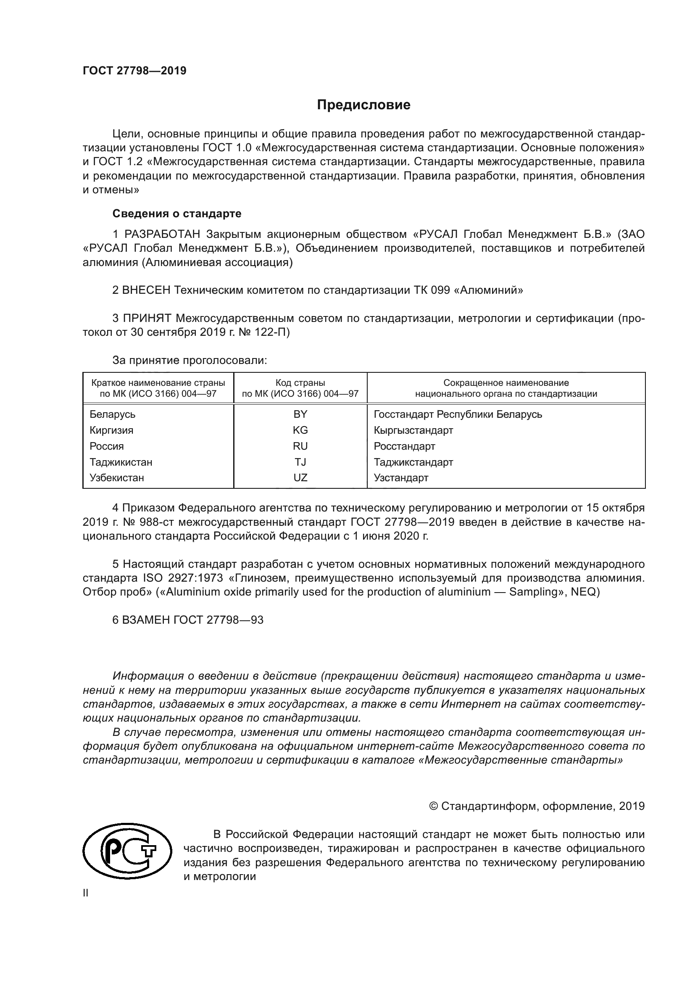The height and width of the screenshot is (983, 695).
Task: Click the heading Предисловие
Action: (x=363, y=105)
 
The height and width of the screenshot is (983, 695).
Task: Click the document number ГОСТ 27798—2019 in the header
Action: (x=134, y=71)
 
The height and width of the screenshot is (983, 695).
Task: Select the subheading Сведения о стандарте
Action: (x=177, y=213)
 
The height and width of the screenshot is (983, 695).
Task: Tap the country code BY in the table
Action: (x=300, y=414)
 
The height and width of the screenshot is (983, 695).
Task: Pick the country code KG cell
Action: (x=300, y=430)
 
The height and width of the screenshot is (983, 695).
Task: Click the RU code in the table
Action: (x=300, y=446)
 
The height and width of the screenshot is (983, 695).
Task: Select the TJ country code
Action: (x=300, y=462)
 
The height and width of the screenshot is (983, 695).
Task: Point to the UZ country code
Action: (x=300, y=478)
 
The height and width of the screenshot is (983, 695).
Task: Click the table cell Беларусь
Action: (x=113, y=414)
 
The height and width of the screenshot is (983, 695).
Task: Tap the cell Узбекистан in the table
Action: (x=117, y=478)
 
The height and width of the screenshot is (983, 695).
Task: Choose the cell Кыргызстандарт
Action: (x=413, y=430)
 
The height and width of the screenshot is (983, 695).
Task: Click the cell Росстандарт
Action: (x=404, y=446)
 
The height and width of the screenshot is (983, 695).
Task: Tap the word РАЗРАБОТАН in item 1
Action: (x=162, y=234)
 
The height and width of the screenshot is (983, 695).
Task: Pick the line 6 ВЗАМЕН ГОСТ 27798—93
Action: (x=188, y=620)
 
